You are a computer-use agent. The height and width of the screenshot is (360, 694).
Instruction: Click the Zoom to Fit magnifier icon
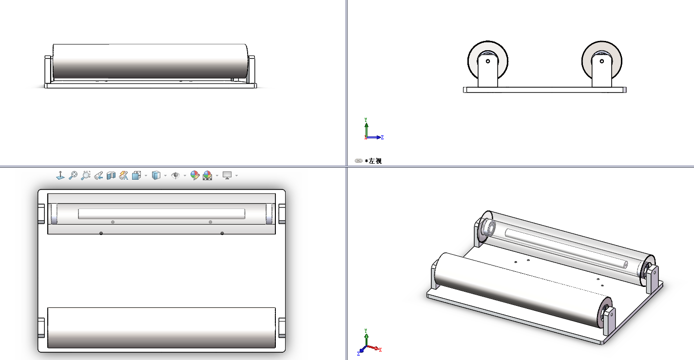pyautogui.click(x=73, y=175)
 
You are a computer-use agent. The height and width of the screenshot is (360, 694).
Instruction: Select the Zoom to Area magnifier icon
pyautogui.click(x=85, y=175)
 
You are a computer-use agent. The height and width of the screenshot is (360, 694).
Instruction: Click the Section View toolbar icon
pyautogui.click(x=111, y=176)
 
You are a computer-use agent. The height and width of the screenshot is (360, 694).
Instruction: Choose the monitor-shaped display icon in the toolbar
pyautogui.click(x=227, y=175)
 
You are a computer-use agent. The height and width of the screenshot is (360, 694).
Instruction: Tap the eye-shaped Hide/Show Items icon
pyautogui.click(x=175, y=175)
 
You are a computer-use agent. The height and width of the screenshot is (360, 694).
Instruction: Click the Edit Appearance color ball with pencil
pyautogui.click(x=194, y=175)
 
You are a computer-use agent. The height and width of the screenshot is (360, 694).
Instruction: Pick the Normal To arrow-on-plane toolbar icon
pyautogui.click(x=60, y=175)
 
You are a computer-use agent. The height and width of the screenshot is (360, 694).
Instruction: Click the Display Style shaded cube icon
pyautogui.click(x=156, y=175)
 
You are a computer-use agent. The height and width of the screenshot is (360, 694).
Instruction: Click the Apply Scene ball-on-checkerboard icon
pyautogui.click(x=207, y=175)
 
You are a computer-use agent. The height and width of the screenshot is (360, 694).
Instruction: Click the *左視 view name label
pyautogui.click(x=373, y=161)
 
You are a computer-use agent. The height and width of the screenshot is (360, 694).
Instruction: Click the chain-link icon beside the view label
pyautogui.click(x=359, y=161)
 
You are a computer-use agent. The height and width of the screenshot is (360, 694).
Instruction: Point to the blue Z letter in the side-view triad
pyautogui.click(x=382, y=137)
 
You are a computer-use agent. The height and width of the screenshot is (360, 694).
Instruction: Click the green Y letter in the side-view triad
pyautogui.click(x=366, y=119)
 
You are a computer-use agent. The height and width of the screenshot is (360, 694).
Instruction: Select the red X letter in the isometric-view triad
pyautogui.click(x=380, y=350)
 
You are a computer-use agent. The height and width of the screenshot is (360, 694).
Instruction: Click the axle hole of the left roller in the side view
pyautogui.click(x=488, y=61)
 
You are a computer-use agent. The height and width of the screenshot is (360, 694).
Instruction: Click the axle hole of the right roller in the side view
pyautogui.click(x=602, y=61)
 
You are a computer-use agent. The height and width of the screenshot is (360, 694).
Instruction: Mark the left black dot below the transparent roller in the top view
pyautogui.click(x=101, y=233)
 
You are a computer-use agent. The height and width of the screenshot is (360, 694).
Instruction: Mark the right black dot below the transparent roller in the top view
pyautogui.click(x=222, y=233)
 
